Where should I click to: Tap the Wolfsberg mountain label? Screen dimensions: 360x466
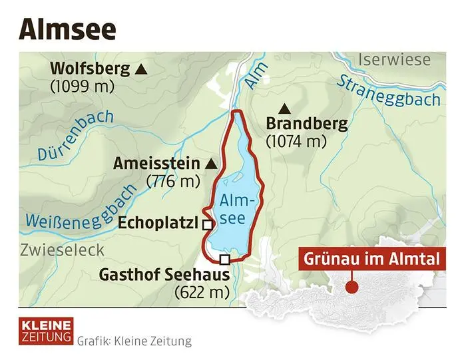pos(90,69)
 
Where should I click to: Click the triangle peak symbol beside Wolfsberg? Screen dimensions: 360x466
pos(140,69)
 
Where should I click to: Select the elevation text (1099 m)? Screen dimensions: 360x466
pos(82,87)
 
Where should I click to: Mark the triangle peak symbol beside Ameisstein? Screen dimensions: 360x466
pos(211,163)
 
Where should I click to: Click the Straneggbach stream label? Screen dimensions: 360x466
pos(389,90)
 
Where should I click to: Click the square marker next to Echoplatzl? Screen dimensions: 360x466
pos(207,226)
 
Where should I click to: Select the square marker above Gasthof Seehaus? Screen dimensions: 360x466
pos(224,260)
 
